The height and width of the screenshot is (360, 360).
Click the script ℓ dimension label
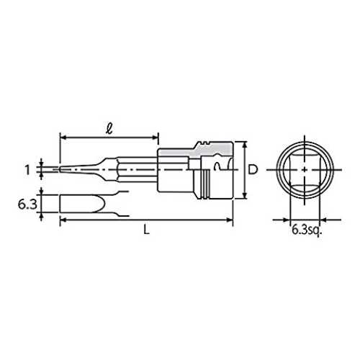[x=109, y=130]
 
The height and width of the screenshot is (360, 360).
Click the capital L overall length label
[x=146, y=230]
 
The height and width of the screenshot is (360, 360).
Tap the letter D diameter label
[x=253, y=169]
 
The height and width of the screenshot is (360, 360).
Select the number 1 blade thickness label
[x=28, y=170]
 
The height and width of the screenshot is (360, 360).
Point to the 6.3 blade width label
[x=27, y=204]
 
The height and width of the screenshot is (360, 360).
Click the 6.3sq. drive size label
[x=306, y=230]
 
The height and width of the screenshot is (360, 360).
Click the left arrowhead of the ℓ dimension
[x=63, y=138]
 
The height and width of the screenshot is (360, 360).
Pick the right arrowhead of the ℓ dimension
[x=155, y=138]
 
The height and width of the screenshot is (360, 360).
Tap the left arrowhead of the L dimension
[x=63, y=220]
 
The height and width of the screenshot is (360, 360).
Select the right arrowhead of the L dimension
[x=230, y=220]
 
